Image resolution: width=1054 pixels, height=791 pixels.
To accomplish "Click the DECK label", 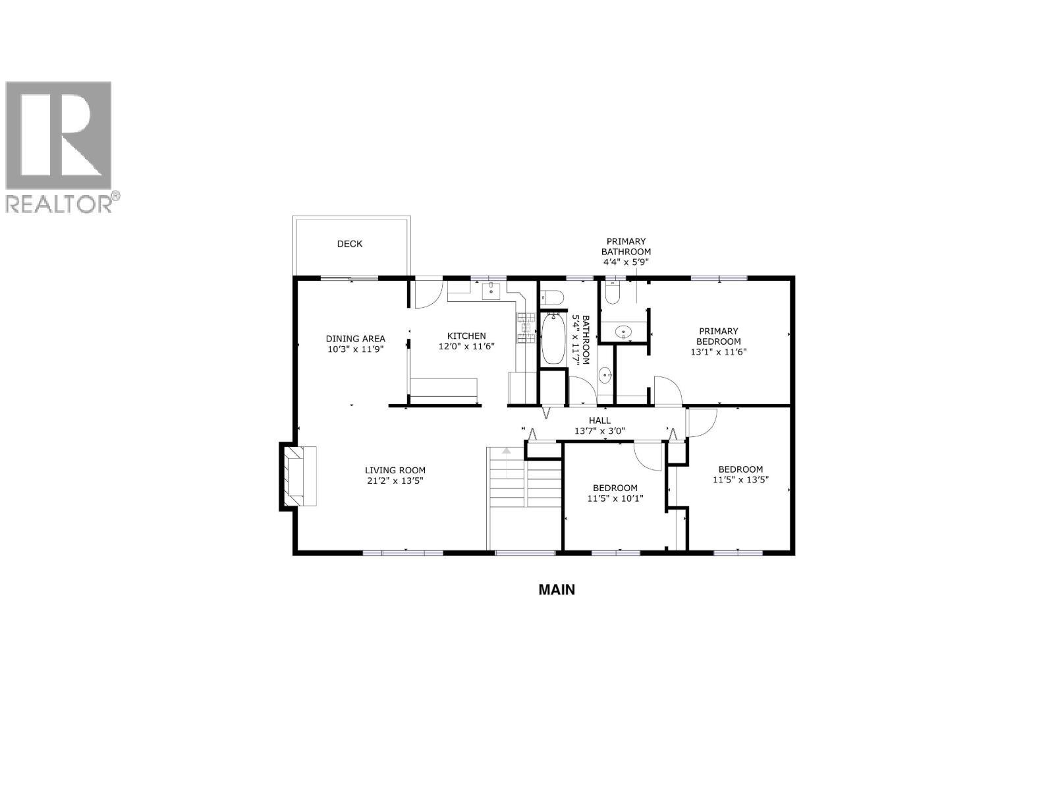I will point(350,244).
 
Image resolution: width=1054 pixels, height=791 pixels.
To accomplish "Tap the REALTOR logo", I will point(61,146).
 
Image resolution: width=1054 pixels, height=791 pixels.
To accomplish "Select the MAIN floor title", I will point(557,589).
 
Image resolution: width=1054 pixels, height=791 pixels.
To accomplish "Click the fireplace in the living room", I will point(300,476).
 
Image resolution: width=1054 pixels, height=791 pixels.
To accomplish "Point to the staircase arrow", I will point(507,452).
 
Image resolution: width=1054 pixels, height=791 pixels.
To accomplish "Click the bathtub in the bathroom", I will point(553,338).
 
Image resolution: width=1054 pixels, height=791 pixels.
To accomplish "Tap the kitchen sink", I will point(491,291).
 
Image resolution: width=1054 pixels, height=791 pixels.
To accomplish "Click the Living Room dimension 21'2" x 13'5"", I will point(395,481).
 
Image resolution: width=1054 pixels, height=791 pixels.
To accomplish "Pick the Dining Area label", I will point(356,339).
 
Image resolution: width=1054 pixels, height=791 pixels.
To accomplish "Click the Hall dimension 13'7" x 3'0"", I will point(599,431).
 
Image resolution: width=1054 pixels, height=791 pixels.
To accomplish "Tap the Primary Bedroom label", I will point(719,336).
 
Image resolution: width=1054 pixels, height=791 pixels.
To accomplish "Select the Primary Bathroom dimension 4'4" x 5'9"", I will point(626,262).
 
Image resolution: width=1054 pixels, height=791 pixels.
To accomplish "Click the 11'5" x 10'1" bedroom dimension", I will point(615,498).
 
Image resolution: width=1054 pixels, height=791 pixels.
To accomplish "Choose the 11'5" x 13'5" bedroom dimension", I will point(741,480).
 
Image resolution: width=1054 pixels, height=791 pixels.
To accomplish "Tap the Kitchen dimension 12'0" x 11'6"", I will point(466,346).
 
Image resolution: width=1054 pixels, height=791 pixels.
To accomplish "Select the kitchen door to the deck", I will point(427,294).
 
